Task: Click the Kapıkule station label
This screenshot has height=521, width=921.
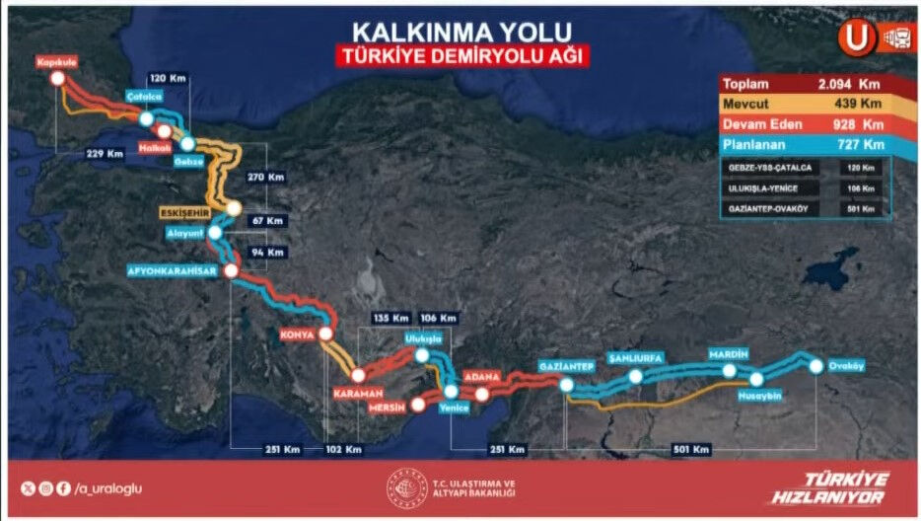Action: [x=56, y=60]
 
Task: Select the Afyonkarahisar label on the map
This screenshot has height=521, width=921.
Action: [x=174, y=270]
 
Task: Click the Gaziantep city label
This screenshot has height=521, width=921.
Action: [x=566, y=366]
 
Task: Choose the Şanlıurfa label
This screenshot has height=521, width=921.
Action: [x=636, y=357]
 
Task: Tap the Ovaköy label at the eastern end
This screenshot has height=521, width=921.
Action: [x=846, y=366]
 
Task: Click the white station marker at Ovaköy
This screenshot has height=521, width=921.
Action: [x=816, y=366]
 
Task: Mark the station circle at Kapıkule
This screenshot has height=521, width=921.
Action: [x=57, y=77]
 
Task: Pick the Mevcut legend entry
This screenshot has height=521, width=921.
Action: [x=748, y=104]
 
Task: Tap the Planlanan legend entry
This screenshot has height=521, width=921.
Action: [x=754, y=144]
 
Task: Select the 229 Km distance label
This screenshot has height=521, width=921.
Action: [x=105, y=153]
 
